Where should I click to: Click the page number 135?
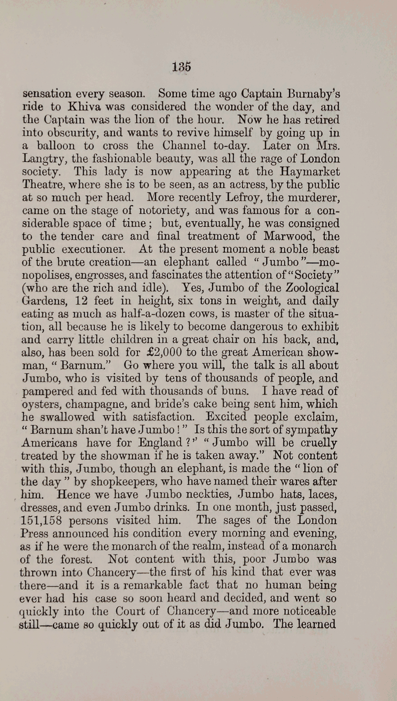coord(181,67)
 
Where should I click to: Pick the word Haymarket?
coord(310,172)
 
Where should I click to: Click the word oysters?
coord(39,404)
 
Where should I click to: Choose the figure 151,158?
coord(41,520)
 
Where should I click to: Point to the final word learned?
coord(315,624)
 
